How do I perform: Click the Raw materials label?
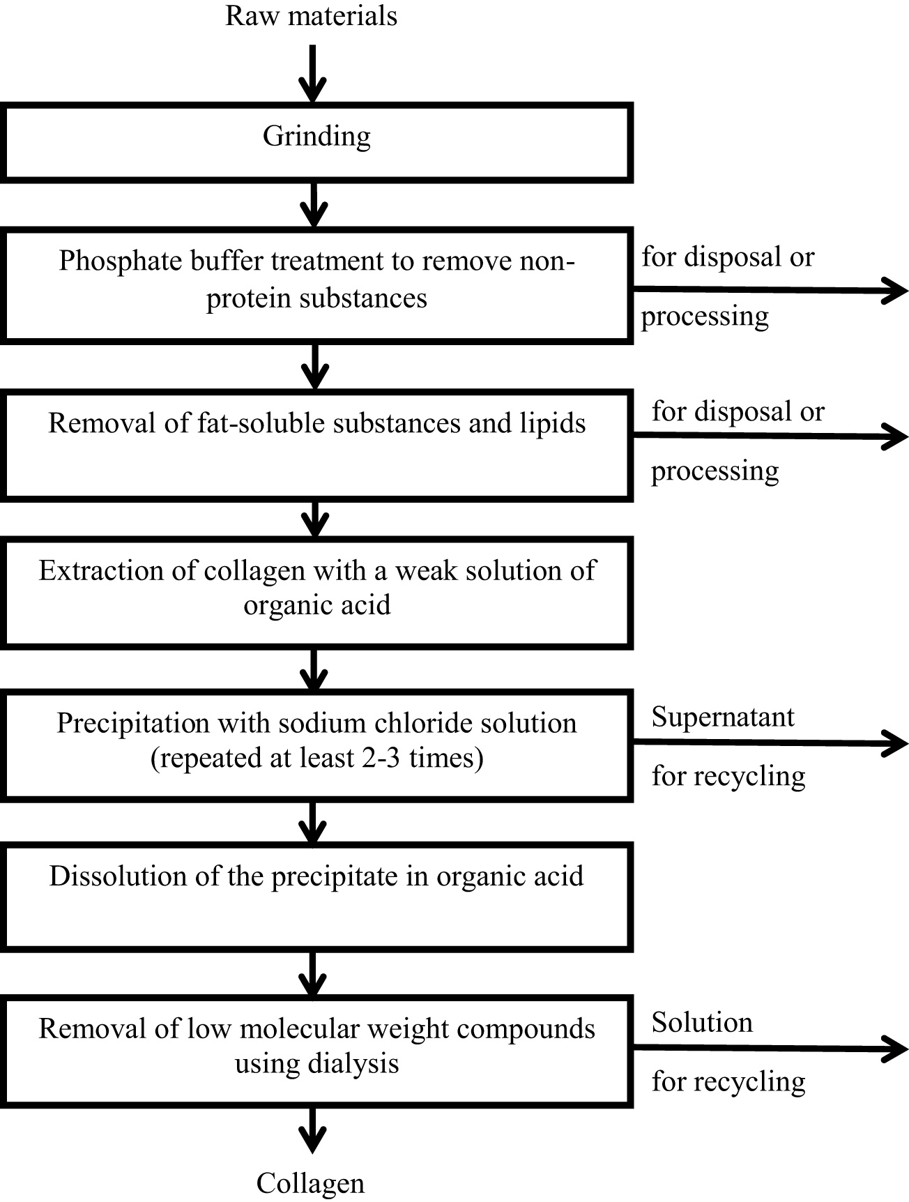coord(311,15)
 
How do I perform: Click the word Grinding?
coord(316,136)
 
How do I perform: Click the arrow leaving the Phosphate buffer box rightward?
coord(770,290)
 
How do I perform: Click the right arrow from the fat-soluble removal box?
coord(770,436)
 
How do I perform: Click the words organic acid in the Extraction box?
coord(316,604)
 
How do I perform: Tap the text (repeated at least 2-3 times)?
coord(316,758)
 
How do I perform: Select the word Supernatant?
coord(723,717)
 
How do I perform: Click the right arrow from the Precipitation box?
coord(770,743)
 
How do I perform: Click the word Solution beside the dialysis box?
coord(702,1023)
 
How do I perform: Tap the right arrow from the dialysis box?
coord(770,1048)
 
